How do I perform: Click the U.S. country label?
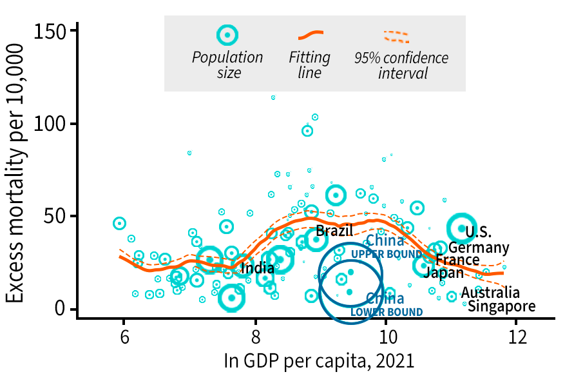(479, 232)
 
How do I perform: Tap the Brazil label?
(334, 231)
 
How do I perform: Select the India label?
(256, 268)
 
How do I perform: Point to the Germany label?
(479, 248)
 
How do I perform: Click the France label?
(457, 260)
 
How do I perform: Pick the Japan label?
(443, 273)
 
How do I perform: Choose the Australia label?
(490, 293)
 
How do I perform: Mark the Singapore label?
(501, 306)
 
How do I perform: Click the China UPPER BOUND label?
(385, 247)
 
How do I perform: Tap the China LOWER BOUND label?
(386, 305)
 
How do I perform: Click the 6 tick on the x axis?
(124, 337)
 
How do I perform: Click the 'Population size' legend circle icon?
(227, 35)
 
